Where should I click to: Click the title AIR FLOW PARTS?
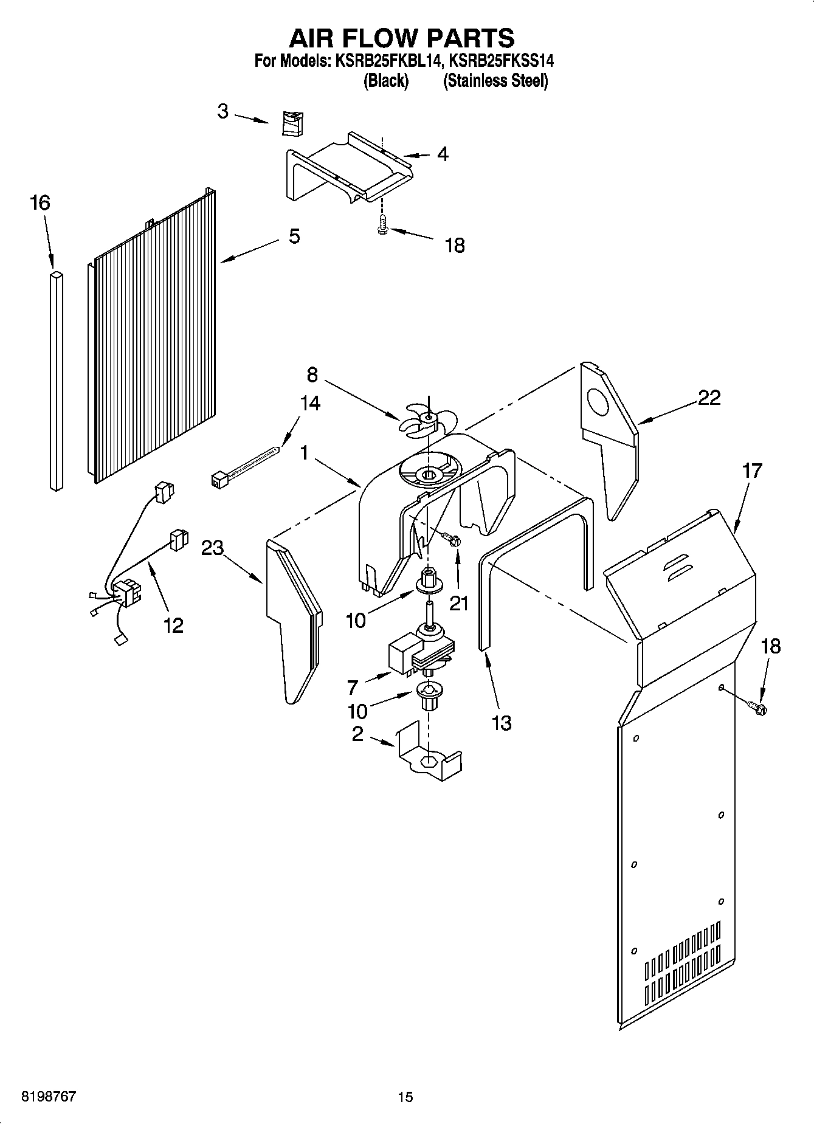point(401,38)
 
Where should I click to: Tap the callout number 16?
point(40,203)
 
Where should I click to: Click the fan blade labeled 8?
point(427,419)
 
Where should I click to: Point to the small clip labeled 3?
point(293,124)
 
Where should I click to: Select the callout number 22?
point(709,398)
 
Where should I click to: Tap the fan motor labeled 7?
point(419,653)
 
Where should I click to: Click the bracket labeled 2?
point(428,754)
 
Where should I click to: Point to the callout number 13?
point(502,723)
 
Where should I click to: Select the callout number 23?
point(213,548)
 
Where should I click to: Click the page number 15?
point(405,1097)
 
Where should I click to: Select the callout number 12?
point(173,625)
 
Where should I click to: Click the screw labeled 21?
point(452,539)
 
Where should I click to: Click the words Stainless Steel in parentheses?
point(495,80)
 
